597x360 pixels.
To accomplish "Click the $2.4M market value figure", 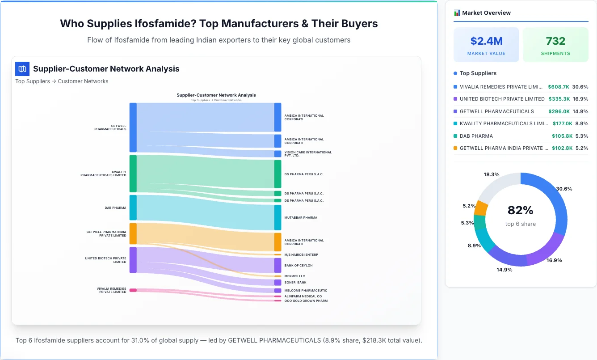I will click(486, 41).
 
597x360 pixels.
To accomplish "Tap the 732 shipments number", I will click(555, 41).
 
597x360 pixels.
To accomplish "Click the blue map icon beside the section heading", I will click(22, 69).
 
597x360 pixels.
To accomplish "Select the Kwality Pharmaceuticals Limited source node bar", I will click(133, 174).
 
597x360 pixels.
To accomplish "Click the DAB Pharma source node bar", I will click(133, 208).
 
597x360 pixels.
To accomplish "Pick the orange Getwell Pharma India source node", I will click(133, 233).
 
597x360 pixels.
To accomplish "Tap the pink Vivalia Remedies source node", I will click(133, 290).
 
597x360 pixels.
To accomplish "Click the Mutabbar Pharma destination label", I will click(301, 218).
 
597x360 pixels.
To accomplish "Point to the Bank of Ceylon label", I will click(298, 266).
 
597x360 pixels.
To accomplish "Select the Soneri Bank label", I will click(295, 283).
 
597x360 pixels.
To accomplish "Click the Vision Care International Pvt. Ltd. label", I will click(308, 154).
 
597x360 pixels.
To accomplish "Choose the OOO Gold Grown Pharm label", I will click(306, 301).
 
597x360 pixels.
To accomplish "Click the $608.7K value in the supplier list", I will click(559, 87).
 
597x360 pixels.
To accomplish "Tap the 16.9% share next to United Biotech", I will click(580, 99).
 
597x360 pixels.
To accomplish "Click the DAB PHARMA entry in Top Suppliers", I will click(476, 136).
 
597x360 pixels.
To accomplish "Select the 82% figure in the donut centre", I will click(520, 210).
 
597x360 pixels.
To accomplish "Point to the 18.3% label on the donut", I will click(491, 174).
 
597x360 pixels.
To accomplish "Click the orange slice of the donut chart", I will click(481, 208).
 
